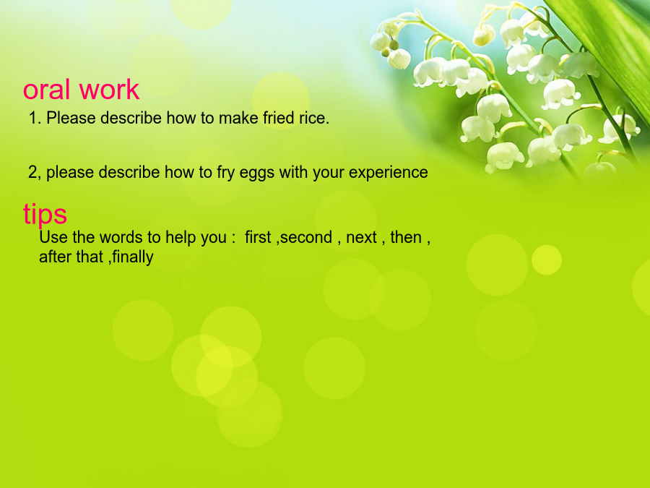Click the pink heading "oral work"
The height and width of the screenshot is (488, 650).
[81, 89]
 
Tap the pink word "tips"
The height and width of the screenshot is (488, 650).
[45, 215]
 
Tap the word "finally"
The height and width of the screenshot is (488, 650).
[133, 257]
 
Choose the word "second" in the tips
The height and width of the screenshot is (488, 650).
[306, 237]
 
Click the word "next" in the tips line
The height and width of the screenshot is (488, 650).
[361, 238]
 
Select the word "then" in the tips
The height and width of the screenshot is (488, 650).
[406, 237]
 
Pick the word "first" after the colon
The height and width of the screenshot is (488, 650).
[257, 237]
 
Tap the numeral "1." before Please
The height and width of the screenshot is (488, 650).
[35, 118]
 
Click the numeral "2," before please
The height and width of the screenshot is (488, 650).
[35, 173]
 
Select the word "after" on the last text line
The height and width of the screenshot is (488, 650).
[55, 257]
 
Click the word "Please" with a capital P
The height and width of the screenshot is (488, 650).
[71, 118]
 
